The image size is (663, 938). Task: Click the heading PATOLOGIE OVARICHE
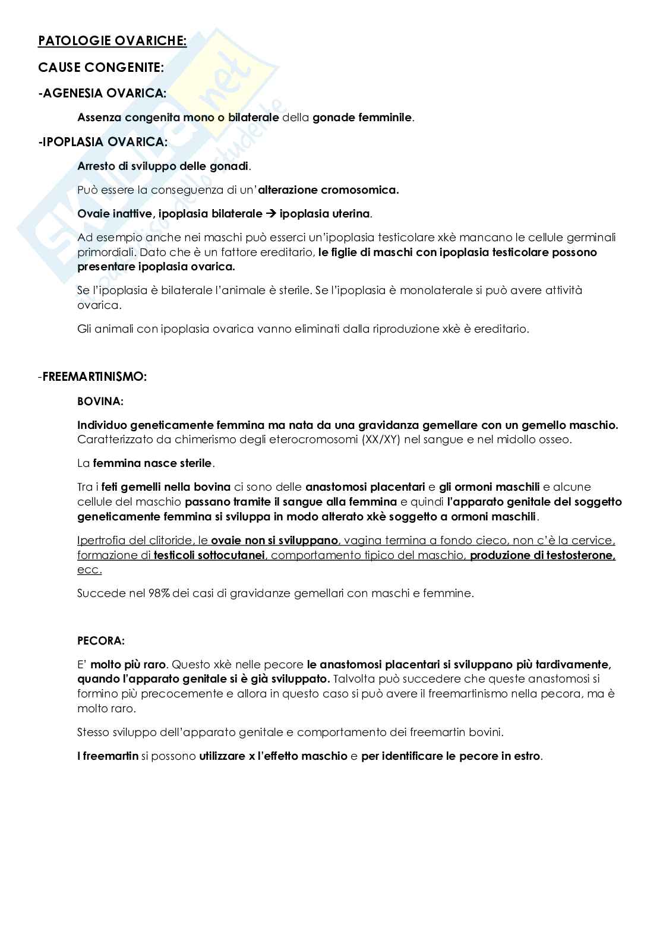(x=112, y=41)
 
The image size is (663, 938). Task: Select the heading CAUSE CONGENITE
(x=100, y=68)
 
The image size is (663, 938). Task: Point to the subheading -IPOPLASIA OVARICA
(x=103, y=142)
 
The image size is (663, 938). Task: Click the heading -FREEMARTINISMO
(x=95, y=377)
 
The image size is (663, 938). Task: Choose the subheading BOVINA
(x=100, y=402)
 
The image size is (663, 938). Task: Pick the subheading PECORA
(x=101, y=641)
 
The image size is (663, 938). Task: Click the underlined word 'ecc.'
(x=89, y=570)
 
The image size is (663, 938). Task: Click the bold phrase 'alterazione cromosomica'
(x=328, y=190)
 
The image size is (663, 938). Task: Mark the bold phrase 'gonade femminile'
(x=362, y=118)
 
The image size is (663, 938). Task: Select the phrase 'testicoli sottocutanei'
(x=210, y=555)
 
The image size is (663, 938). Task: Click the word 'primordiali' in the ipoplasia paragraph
(x=105, y=252)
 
